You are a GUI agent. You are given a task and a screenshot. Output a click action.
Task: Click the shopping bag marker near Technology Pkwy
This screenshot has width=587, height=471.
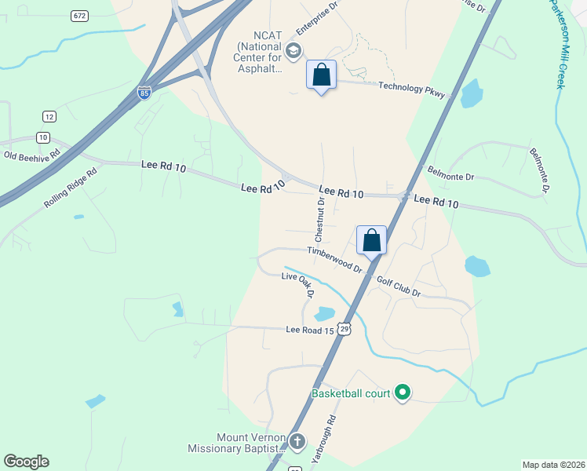[321, 75]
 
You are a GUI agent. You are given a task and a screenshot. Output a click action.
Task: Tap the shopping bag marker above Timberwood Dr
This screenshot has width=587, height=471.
[371, 240]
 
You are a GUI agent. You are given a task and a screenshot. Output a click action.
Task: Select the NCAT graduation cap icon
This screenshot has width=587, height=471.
[293, 52]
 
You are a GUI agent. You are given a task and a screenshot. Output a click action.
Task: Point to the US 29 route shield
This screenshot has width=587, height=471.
[344, 327]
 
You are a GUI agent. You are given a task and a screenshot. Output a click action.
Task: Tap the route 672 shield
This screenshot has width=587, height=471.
[78, 16]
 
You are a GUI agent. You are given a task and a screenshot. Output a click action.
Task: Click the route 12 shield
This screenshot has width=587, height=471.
[49, 116]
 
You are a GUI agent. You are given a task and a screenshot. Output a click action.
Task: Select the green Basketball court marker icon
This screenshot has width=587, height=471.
[403, 392]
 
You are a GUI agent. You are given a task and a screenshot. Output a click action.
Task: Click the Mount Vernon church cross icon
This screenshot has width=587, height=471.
[297, 442]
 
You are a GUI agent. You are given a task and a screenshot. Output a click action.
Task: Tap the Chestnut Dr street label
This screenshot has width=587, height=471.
[320, 220]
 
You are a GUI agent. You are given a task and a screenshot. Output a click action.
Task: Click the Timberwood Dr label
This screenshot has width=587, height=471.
[334, 259]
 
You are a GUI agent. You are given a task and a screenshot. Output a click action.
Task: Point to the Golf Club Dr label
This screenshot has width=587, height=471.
[399, 287]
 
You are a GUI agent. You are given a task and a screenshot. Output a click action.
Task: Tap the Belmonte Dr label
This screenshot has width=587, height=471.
[450, 173]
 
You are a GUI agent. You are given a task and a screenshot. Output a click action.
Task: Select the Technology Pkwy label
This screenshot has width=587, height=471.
[411, 90]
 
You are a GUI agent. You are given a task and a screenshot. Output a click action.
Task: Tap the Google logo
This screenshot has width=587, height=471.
[26, 462]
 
